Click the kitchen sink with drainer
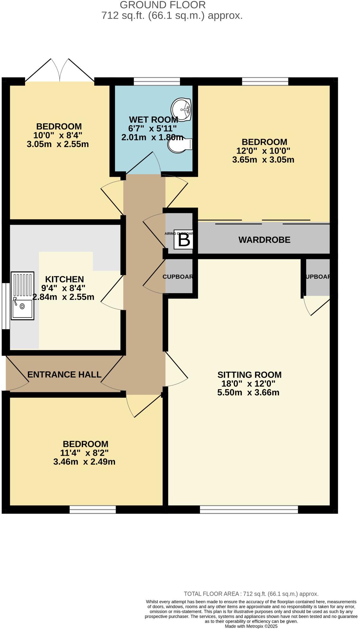click(22, 295)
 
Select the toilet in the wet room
click(180, 145)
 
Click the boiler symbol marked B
click(184, 240)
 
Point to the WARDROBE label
click(264, 240)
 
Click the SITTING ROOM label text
click(249, 375)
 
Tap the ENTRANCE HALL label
click(64, 375)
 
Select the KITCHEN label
click(64, 279)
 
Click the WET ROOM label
click(153, 120)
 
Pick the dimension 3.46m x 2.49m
click(84, 462)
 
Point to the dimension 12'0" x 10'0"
click(263, 151)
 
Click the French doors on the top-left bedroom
click(60, 71)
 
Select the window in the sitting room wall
click(249, 509)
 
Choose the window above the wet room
click(157, 81)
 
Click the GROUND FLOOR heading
click(163, 5)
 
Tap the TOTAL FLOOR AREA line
click(251, 594)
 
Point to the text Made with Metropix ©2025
click(251, 626)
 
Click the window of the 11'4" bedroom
click(93, 509)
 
